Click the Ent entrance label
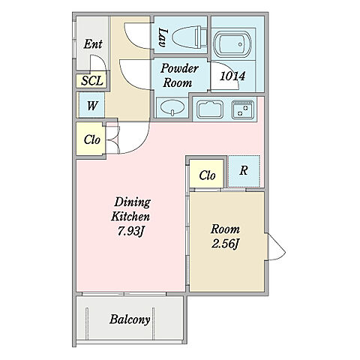(93, 44)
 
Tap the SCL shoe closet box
(92, 81)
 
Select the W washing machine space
(91, 105)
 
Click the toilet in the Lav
(190, 37)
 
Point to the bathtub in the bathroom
(232, 45)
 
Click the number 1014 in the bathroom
(232, 76)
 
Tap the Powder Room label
(179, 76)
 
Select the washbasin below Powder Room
(172, 108)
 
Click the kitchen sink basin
(210, 109)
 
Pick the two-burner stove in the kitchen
(243, 109)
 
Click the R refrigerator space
(244, 171)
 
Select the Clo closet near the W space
(91, 139)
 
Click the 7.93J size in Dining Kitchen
(130, 232)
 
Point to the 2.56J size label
(224, 244)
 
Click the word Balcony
(130, 319)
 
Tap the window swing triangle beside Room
(277, 247)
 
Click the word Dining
(132, 202)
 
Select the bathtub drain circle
(240, 44)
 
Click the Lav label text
(163, 37)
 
